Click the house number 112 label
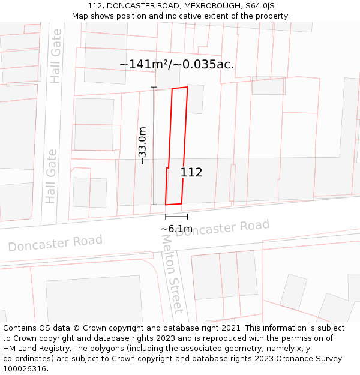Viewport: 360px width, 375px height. pyautogui.click(x=191, y=173)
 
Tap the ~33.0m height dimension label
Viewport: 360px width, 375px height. pyautogui.click(x=142, y=146)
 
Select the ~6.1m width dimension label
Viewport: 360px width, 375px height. pyautogui.click(x=176, y=229)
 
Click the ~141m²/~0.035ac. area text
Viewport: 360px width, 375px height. pyautogui.click(x=176, y=65)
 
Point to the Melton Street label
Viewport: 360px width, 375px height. pyautogui.click(x=172, y=273)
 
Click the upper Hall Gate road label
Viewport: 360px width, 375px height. pyautogui.click(x=56, y=56)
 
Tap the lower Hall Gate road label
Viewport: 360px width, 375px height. pyautogui.click(x=51, y=176)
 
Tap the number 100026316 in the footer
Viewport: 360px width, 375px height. pyautogui.click(x=25, y=368)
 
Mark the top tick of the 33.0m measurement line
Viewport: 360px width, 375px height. pyautogui.click(x=154, y=88)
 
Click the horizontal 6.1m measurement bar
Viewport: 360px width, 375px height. pyautogui.click(x=176, y=217)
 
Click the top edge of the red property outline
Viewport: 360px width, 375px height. pyautogui.click(x=180, y=88)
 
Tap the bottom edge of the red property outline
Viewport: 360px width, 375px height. pyautogui.click(x=173, y=204)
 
